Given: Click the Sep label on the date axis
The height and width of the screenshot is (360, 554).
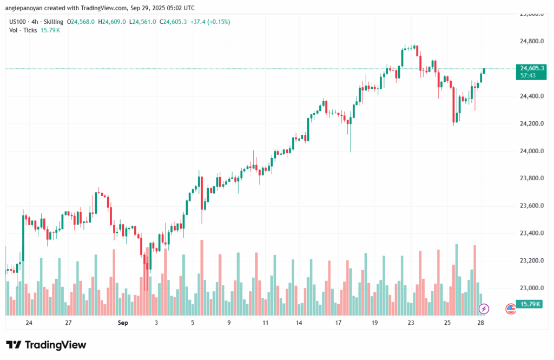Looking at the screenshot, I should [122, 323].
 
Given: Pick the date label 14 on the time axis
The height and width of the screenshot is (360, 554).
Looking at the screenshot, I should [299, 323].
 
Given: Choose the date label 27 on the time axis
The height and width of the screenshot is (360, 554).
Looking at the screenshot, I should [69, 323].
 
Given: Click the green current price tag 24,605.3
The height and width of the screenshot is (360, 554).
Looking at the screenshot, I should [531, 68].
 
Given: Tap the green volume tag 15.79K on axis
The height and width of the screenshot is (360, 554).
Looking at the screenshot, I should [531, 304].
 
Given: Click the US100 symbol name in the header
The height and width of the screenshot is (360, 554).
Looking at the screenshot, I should [18, 22].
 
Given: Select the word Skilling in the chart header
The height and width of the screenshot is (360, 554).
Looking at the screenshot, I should [54, 22].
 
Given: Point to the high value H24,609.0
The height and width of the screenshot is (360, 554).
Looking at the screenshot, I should [111, 22].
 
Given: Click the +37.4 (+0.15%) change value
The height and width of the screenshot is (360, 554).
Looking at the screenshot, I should [211, 22].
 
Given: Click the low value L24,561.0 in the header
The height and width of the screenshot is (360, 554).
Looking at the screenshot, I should [142, 22].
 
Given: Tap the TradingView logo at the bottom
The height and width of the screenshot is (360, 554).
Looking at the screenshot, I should [46, 345].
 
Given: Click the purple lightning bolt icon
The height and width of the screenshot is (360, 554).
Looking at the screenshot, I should [484, 309].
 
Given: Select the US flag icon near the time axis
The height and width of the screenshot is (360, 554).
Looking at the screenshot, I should [510, 309].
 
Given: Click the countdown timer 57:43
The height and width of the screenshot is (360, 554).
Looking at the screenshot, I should [528, 76].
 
